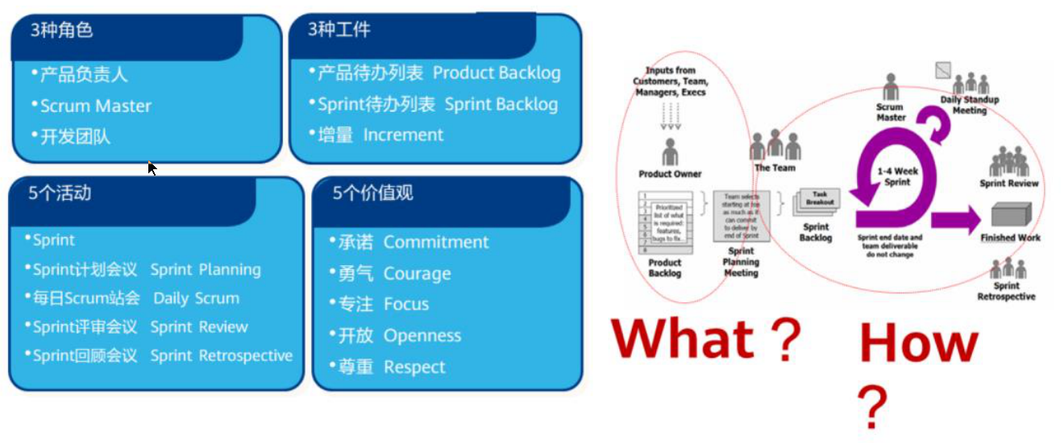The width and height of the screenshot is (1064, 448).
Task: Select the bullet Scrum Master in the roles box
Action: tap(95, 106)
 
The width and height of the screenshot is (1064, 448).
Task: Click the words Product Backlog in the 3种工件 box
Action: tap(497, 73)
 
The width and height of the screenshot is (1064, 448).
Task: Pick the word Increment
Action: tap(403, 135)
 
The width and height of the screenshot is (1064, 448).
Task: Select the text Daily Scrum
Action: tap(196, 298)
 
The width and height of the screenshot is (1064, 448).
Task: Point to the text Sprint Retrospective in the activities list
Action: tap(221, 355)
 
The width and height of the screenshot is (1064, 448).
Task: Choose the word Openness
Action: tap(422, 336)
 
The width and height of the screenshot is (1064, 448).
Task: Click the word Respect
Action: tap(414, 367)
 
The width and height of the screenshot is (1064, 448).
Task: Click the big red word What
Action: tap(683, 338)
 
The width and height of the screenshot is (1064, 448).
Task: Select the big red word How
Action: tap(918, 344)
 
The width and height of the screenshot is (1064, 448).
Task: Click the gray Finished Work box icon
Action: tap(1011, 215)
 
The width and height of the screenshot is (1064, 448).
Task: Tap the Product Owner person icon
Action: tap(669, 151)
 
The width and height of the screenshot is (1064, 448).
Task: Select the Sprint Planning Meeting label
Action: tap(741, 263)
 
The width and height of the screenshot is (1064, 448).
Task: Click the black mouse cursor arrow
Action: tap(152, 168)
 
